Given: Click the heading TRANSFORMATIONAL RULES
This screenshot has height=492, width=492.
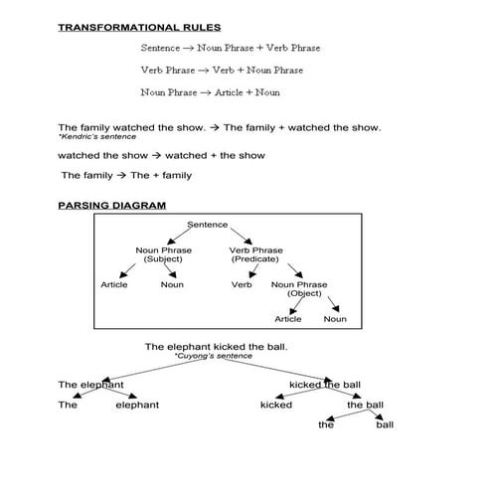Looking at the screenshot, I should pos(139,27).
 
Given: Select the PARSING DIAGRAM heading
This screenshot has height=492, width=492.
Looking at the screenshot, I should pos(111,205).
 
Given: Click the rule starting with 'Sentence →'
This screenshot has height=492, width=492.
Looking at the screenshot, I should pos(231,48).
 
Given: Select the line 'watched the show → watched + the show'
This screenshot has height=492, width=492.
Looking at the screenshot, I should pos(161,156).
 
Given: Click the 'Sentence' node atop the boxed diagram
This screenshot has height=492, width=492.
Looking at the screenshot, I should pos(208,225).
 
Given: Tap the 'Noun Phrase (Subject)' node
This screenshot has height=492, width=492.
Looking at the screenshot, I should pos(164,254).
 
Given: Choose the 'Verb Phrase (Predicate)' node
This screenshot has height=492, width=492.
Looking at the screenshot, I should pos(255,254).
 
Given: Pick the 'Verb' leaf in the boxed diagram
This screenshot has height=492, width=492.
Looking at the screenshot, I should pos(243,284).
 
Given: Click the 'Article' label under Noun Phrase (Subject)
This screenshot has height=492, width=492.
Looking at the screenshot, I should pos(114,284).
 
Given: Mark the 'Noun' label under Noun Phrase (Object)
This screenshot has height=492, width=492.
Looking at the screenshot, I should pos(335,319).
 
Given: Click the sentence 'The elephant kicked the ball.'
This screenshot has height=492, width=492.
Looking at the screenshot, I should pos(224,346).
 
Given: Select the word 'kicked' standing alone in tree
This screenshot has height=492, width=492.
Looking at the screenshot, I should pos(276,405).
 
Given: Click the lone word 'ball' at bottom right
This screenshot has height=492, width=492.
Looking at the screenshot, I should pos(385,425).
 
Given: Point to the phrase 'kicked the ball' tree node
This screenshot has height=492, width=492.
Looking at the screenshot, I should pos(325,385).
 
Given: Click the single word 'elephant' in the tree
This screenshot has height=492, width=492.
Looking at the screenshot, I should pos(137,405).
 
